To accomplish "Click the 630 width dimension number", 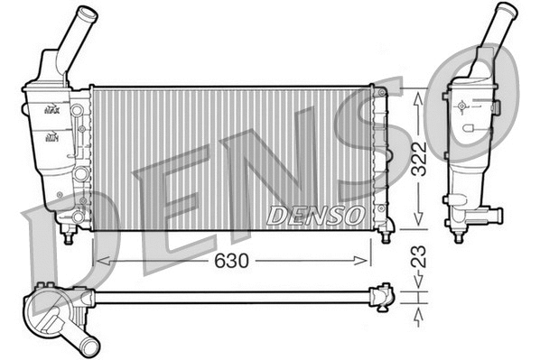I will tap(232, 260).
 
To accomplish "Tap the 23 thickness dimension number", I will tap(418, 257).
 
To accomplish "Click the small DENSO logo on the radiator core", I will tap(315, 215).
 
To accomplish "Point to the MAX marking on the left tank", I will tap(51, 110).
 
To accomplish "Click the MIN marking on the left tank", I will tap(52, 138).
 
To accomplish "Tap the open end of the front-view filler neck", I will tap(88, 15).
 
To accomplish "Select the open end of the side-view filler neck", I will tap(507, 10).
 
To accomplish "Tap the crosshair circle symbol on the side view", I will tap(462, 106).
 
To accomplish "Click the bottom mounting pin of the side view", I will tap(458, 237).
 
